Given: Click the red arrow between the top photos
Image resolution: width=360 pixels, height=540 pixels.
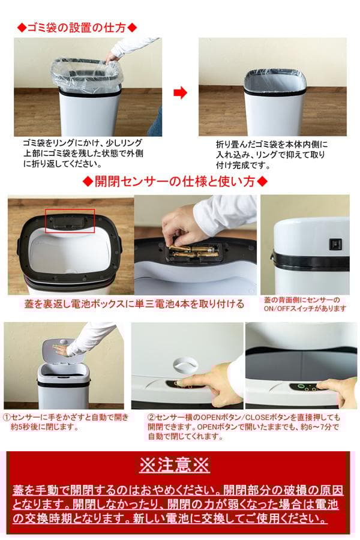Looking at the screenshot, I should (x=180, y=92).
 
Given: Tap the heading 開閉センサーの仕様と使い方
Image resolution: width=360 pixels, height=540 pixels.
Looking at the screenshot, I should (x=174, y=181).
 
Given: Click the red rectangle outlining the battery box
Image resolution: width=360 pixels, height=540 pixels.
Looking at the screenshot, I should (x=71, y=220).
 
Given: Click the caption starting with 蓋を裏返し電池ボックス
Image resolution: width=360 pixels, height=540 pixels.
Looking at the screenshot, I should (x=133, y=304).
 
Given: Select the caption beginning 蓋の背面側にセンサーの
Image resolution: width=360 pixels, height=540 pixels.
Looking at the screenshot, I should (x=305, y=304).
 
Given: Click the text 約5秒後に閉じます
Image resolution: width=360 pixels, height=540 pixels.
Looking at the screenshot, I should (x=44, y=427).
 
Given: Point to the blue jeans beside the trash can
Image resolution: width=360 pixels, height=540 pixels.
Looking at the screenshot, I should (x=156, y=123).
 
